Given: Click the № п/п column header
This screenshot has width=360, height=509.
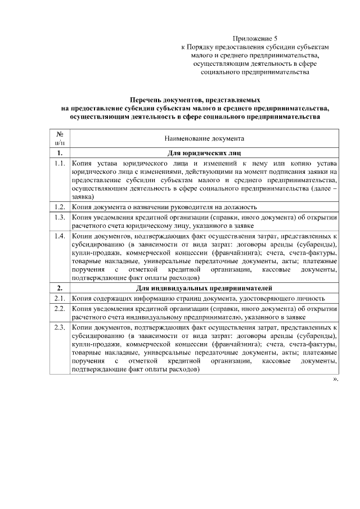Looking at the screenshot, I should [x=59, y=138].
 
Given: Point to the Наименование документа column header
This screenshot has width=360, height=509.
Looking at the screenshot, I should [x=204, y=138].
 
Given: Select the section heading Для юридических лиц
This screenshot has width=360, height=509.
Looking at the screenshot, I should [x=204, y=153].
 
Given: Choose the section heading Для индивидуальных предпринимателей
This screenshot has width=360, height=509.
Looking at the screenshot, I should [x=204, y=288].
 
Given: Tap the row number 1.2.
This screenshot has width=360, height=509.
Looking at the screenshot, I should [x=60, y=206].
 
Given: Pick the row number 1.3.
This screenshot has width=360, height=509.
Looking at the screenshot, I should [x=60, y=217].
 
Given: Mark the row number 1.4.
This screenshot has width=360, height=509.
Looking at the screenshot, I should [x=60, y=236].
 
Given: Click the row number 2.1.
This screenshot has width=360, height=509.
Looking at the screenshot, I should [x=60, y=298].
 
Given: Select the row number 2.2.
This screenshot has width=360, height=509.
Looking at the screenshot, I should [x=60, y=308].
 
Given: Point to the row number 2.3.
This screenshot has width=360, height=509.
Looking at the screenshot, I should [x=60, y=327].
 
